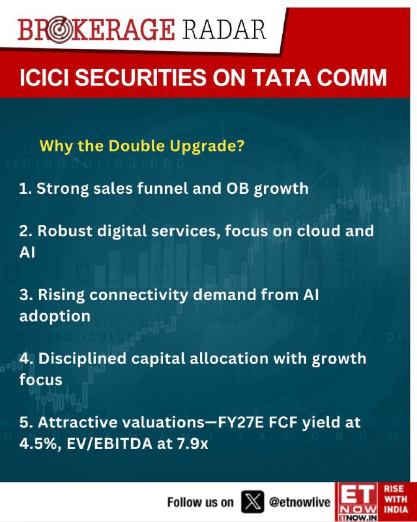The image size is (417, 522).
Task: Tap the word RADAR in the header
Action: click(x=224, y=29)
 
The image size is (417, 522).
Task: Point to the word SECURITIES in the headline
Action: click(x=142, y=78)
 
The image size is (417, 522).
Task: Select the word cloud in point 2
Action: click(x=318, y=231)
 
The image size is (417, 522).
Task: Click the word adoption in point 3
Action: click(x=55, y=316)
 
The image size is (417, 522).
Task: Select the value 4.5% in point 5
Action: click(x=40, y=444)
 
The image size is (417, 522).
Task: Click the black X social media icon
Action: click(x=253, y=502)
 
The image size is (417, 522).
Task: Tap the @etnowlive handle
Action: click(x=300, y=502)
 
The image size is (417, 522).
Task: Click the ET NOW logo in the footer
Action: click(x=356, y=502)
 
